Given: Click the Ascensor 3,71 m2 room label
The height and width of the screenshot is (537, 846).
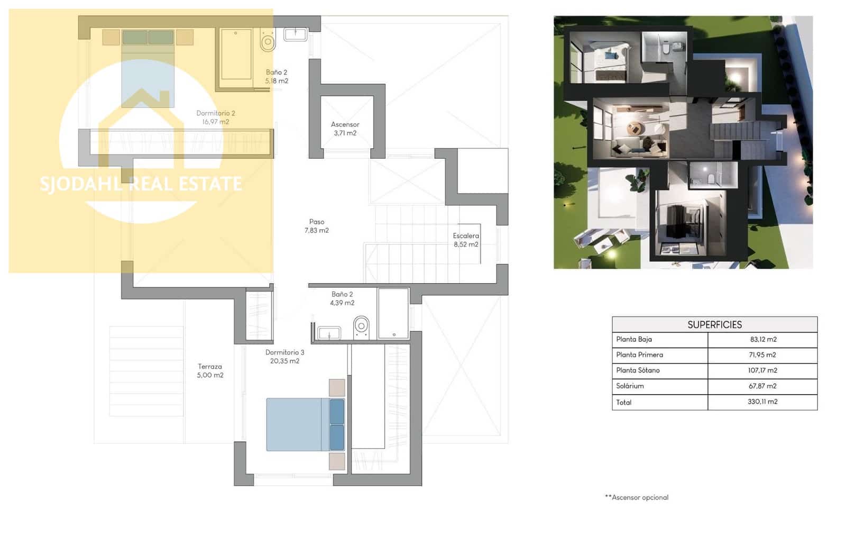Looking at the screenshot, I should pos(345,129).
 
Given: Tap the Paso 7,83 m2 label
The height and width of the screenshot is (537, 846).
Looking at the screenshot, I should pos(316,226).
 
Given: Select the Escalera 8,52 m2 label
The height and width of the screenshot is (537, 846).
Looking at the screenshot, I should pos(465,240).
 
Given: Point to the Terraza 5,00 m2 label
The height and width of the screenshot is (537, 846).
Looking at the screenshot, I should pos(210,370).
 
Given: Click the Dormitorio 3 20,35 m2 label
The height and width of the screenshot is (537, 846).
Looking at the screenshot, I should pos(284,357).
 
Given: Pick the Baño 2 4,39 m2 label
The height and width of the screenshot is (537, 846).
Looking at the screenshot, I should pos(342,298).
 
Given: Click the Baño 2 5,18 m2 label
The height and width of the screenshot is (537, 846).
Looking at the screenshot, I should pos(277,77).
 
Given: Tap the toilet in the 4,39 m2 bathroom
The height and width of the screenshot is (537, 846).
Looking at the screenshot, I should pos(361,326).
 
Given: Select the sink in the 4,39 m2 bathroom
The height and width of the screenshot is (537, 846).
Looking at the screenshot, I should pos(329,333).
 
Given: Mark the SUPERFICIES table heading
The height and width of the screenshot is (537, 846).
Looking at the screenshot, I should pos(714,324).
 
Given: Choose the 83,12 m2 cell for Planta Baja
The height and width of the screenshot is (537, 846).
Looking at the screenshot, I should pos(762,340).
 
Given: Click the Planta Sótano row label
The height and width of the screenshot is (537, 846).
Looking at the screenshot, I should pos(637,370).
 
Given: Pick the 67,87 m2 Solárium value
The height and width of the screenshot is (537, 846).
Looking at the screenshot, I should pos(762,386).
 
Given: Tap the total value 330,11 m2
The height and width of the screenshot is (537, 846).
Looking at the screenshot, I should pos(762,402).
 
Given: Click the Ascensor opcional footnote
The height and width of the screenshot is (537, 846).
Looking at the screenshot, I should pos(637,497).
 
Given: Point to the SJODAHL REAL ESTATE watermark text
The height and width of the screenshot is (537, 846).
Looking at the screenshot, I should pos(141,184).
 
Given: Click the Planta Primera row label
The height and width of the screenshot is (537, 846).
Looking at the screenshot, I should pos(639,355).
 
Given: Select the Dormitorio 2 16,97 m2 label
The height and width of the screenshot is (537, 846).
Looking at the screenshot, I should pos(215,117).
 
